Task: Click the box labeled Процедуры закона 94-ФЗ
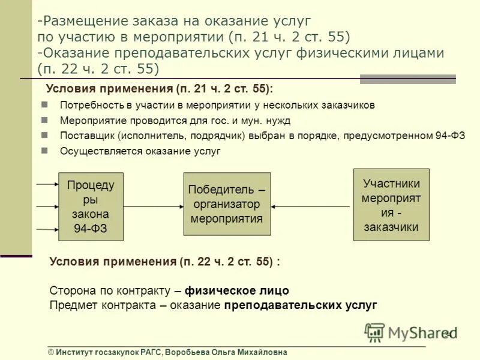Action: [x=91, y=206]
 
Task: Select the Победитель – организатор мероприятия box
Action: [x=227, y=204]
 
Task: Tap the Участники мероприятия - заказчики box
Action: [x=391, y=205]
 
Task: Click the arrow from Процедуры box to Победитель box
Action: [x=153, y=206]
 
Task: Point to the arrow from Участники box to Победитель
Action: [x=311, y=206]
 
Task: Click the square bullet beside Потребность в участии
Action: [x=44, y=105]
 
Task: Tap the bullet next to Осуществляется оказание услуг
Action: [x=44, y=151]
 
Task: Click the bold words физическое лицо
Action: [x=237, y=290]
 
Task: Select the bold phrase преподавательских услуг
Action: [x=301, y=305]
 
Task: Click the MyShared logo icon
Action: [x=375, y=332]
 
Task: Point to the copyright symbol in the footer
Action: [x=52, y=353]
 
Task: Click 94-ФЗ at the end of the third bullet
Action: [x=450, y=136]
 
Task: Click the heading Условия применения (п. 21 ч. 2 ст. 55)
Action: [x=159, y=89]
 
